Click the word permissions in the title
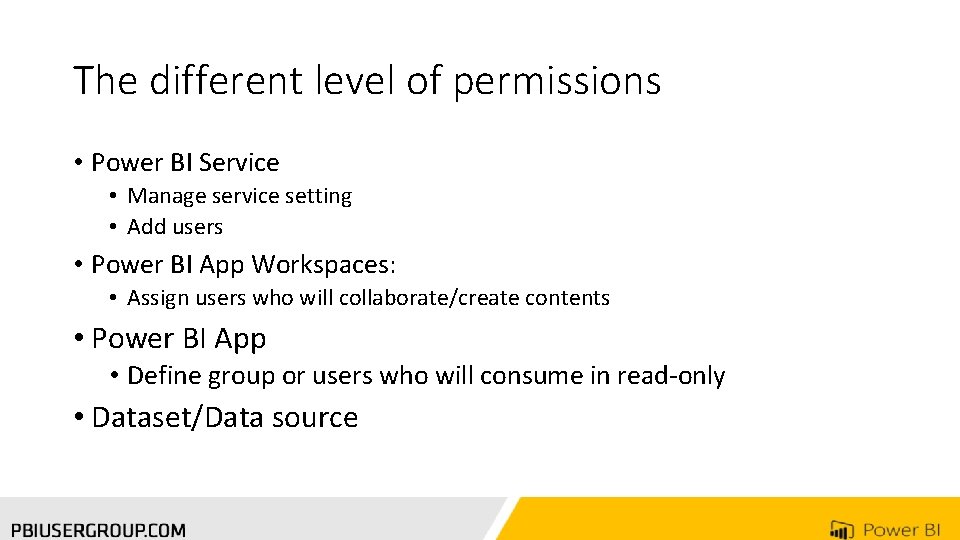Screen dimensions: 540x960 (x=557, y=81)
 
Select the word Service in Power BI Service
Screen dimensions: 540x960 (x=239, y=163)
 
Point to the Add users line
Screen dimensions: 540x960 (x=175, y=227)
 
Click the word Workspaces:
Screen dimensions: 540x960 (x=324, y=265)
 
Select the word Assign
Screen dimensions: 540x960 (x=158, y=298)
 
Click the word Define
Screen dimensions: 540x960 (x=164, y=376)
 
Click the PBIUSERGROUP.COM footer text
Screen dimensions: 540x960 (x=99, y=530)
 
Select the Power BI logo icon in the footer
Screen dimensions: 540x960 (x=841, y=530)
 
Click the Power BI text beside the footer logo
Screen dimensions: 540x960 (x=901, y=530)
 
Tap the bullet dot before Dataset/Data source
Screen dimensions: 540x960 (x=78, y=417)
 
